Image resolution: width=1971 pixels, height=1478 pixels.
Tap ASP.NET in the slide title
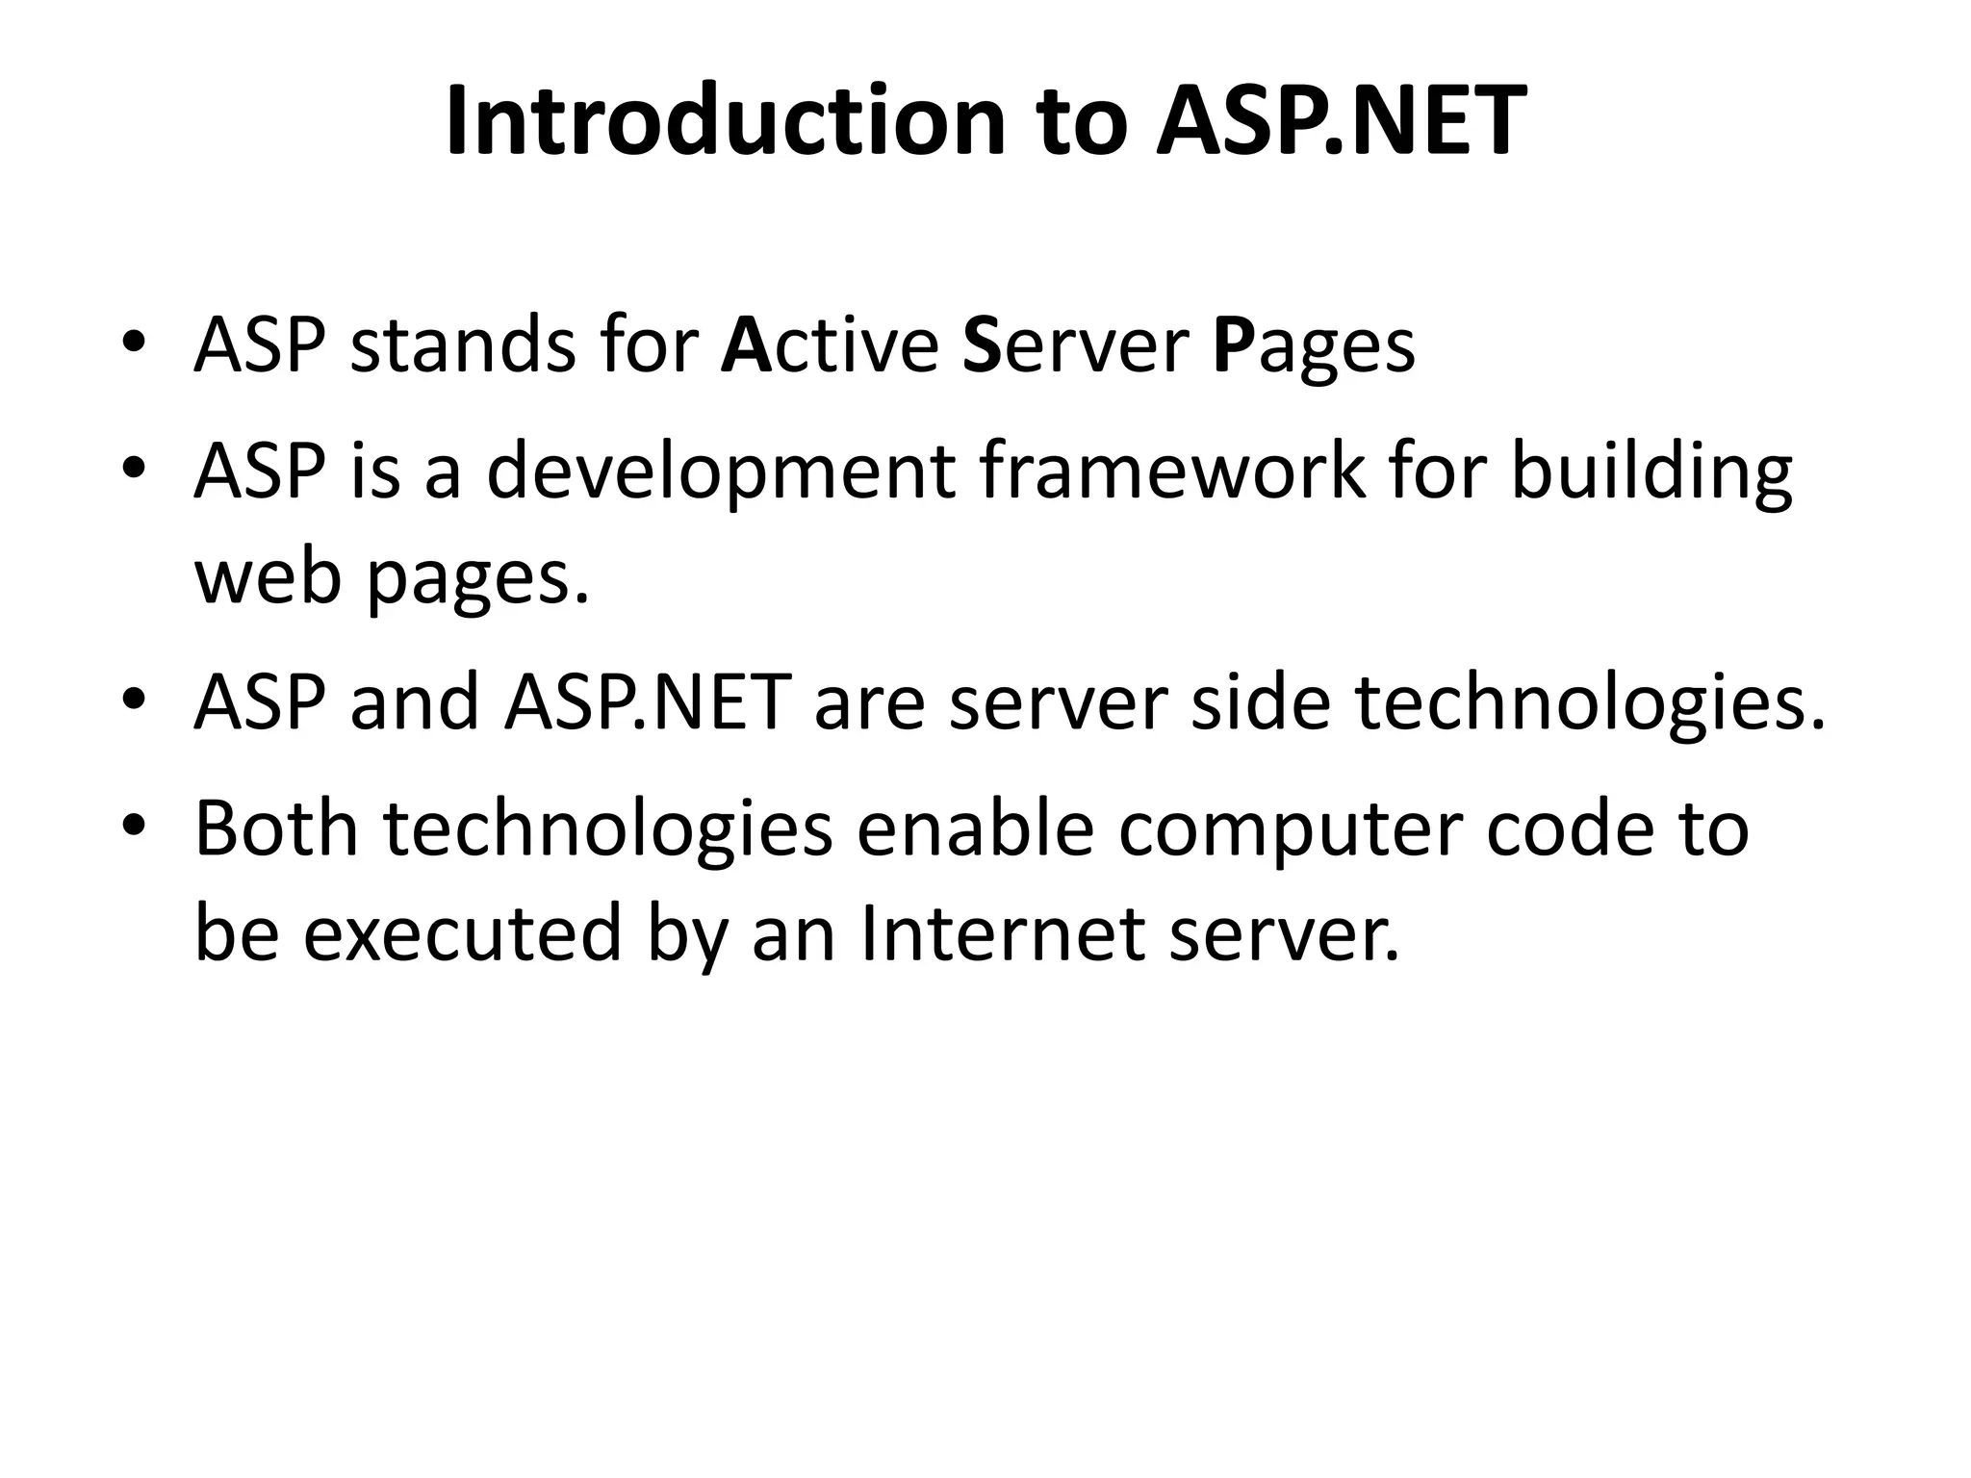pyautogui.click(x=1341, y=121)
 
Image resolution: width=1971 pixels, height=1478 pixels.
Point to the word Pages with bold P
pyautogui.click(x=1314, y=348)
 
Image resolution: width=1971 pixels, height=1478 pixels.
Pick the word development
pyautogui.click(x=721, y=473)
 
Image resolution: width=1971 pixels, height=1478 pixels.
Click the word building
pyautogui.click(x=1651, y=473)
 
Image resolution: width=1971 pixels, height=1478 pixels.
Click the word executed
pyautogui.click(x=462, y=932)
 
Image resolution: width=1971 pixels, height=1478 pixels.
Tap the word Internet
pyautogui.click(x=1003, y=932)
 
